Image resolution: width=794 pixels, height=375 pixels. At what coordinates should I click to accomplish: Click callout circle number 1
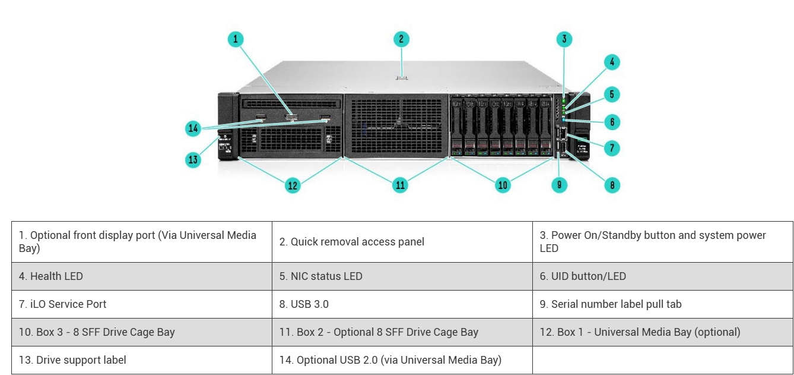[x=236, y=39]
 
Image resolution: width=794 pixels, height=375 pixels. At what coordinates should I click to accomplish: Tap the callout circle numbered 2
[x=401, y=39]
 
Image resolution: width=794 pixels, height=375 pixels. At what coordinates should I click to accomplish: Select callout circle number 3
[x=564, y=39]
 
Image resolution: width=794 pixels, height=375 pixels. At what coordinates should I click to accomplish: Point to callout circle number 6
[x=612, y=122]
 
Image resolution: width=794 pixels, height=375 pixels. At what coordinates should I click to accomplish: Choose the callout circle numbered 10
[x=503, y=185]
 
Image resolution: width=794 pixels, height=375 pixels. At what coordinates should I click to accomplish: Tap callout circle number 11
[x=401, y=185]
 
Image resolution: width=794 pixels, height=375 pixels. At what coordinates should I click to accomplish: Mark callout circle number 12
[x=293, y=185]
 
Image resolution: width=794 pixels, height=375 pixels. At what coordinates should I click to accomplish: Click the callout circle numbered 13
[x=193, y=159]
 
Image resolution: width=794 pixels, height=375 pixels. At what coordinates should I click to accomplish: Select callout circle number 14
[x=193, y=127]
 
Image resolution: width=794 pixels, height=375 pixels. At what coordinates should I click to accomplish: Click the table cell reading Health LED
[x=141, y=276]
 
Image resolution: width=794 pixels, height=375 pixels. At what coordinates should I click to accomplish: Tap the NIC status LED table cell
[x=402, y=276]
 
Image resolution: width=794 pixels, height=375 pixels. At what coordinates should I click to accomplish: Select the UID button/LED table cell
[x=662, y=276]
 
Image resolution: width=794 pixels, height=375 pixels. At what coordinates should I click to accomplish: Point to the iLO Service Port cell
[x=141, y=304]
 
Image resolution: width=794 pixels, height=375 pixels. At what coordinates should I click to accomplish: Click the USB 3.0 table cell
[x=402, y=304]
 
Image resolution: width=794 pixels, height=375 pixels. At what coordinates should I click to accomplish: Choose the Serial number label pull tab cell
[x=662, y=304]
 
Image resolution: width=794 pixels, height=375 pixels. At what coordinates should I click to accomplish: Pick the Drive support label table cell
[x=141, y=360]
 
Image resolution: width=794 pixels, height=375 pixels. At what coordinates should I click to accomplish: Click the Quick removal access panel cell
[x=402, y=242]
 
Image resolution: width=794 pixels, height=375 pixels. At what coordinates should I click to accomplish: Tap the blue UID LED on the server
[x=564, y=119]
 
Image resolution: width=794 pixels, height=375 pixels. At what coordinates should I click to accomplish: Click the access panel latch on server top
[x=402, y=77]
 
